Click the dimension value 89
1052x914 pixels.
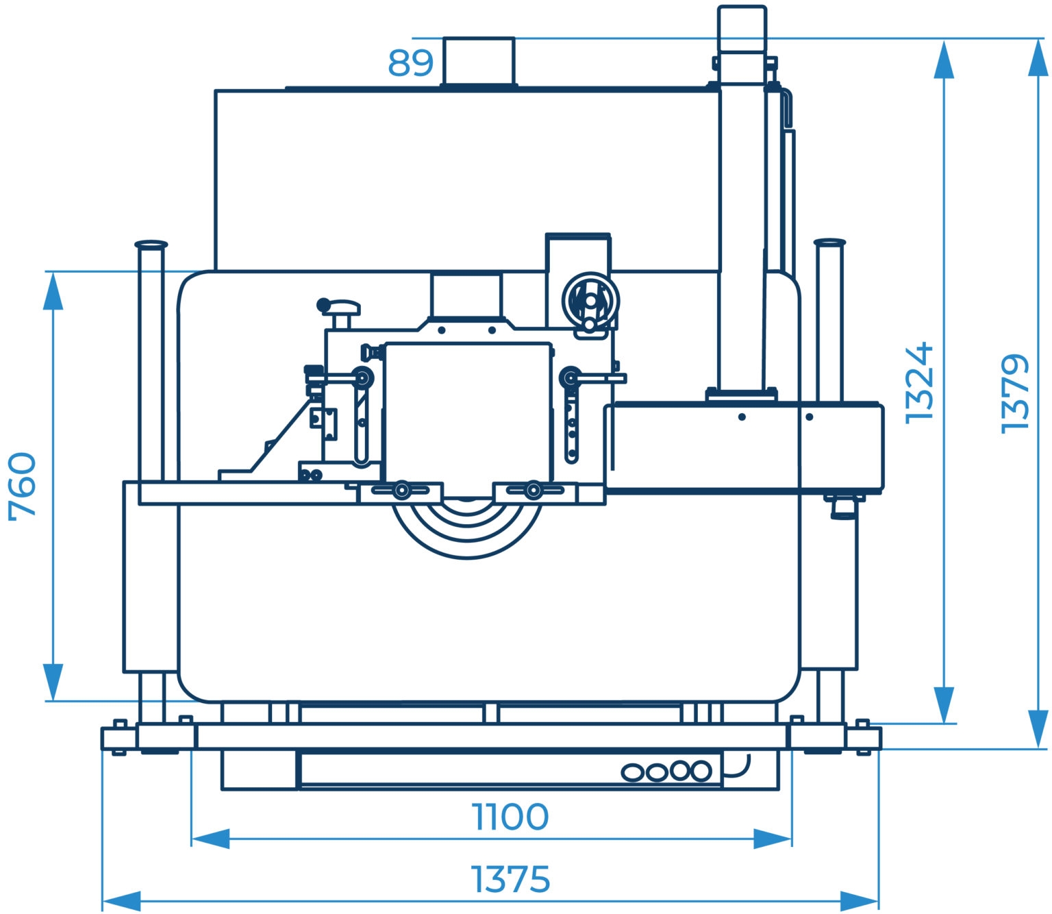click(x=410, y=63)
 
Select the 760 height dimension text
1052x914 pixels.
click(x=23, y=486)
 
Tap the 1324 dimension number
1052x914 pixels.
click(x=919, y=383)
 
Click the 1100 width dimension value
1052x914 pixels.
click(x=510, y=817)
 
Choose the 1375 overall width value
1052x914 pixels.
click(x=510, y=880)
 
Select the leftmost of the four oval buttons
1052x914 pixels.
click(x=633, y=773)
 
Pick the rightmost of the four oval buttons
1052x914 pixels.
click(x=700, y=771)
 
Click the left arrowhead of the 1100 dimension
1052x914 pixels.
click(x=210, y=839)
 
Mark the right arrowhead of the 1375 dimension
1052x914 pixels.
click(x=859, y=901)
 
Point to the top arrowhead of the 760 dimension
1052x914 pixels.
click(x=53, y=291)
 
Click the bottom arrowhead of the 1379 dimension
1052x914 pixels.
click(x=1038, y=729)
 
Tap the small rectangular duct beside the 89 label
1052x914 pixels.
click(x=479, y=61)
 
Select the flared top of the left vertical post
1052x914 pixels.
click(x=151, y=245)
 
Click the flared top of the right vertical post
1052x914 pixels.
click(x=830, y=243)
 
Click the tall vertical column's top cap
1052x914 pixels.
click(x=742, y=28)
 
